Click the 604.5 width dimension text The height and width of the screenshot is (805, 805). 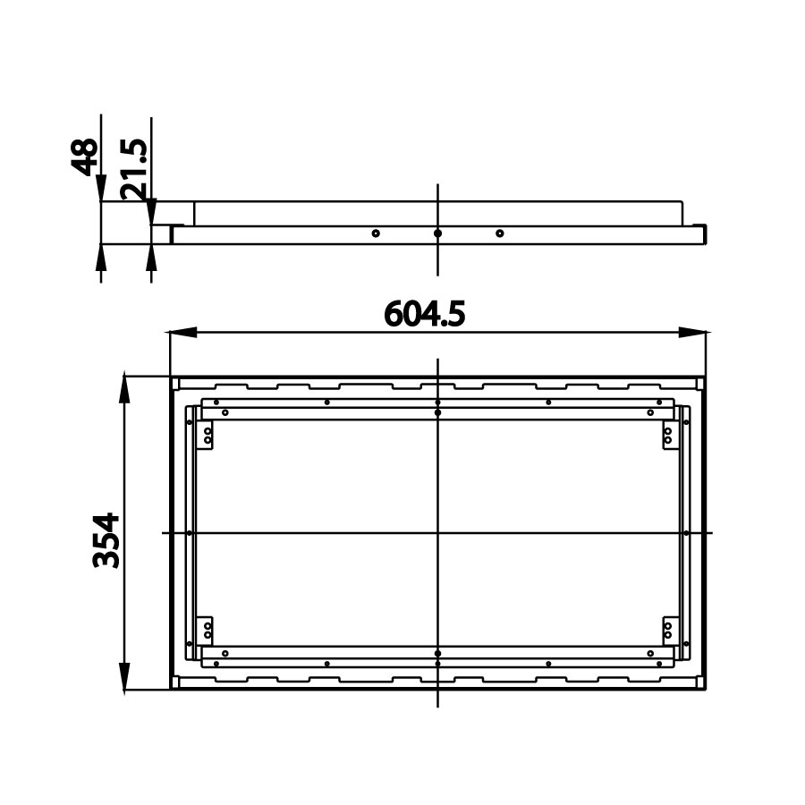coord(425,314)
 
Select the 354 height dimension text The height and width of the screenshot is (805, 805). coord(106,539)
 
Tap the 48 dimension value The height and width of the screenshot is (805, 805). coord(84,157)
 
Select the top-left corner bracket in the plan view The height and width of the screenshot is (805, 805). coord(206,436)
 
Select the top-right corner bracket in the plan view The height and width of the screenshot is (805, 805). coord(668,436)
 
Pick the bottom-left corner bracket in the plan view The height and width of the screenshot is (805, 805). coord(206,629)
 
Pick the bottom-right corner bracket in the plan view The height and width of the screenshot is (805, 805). coord(668,629)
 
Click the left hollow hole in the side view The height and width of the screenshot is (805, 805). coord(376,233)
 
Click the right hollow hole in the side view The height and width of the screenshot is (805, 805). coord(499,233)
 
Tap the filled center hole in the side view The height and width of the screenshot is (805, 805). coord(437,233)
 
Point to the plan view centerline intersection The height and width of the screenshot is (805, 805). coord(437,533)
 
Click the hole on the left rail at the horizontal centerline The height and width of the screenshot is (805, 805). coord(190,533)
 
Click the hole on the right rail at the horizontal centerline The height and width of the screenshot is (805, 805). coord(685,533)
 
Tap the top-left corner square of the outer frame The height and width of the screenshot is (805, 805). coord(175,383)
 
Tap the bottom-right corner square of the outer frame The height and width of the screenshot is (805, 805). coord(700,682)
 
